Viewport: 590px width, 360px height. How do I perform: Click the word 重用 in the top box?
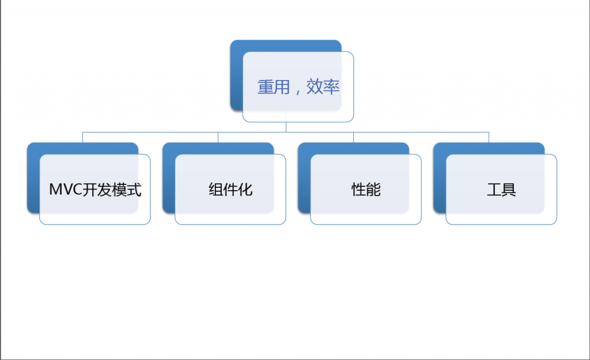pos(274,87)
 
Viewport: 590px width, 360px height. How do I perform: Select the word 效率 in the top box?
pos(323,87)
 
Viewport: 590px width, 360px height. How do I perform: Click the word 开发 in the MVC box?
pos(97,190)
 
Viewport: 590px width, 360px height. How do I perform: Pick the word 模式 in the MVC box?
pos(126,190)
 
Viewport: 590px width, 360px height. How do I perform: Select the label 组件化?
pos(230,190)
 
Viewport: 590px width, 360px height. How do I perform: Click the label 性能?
pos(366,190)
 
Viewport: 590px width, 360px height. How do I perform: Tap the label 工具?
pos(501,190)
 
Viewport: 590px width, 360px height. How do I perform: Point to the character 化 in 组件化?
pos(245,190)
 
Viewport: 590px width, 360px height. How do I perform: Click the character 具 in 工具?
pos(509,190)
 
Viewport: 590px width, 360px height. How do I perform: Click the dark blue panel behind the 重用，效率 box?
pos(237,75)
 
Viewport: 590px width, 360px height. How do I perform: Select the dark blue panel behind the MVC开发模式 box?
pos(33,177)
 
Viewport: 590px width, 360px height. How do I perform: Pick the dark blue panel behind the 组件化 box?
pos(169,177)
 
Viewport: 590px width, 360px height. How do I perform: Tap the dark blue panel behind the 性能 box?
pos(304,177)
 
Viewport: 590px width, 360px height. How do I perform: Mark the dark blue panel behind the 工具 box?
pos(440,177)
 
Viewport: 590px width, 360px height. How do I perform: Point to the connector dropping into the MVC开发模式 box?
pos(83,137)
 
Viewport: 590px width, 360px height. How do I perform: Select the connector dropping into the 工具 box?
pos(489,137)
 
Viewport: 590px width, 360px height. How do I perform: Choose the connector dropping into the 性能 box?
pos(353,137)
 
